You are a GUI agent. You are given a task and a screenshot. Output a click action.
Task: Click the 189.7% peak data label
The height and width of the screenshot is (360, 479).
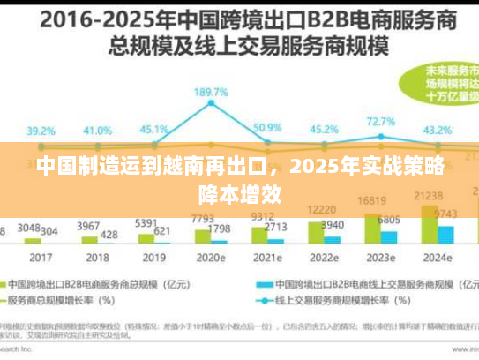click(211, 92)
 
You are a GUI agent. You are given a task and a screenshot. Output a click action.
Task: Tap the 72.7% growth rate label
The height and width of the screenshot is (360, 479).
click(380, 121)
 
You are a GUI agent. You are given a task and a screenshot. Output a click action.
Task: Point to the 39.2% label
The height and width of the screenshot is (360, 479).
click(40, 131)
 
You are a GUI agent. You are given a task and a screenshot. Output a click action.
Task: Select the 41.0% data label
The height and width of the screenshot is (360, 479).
click(97, 131)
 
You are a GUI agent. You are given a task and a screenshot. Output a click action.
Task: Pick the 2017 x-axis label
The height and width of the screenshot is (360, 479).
click(41, 259)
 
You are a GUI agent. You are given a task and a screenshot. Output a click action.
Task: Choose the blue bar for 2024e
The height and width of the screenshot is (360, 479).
click(446, 233)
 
